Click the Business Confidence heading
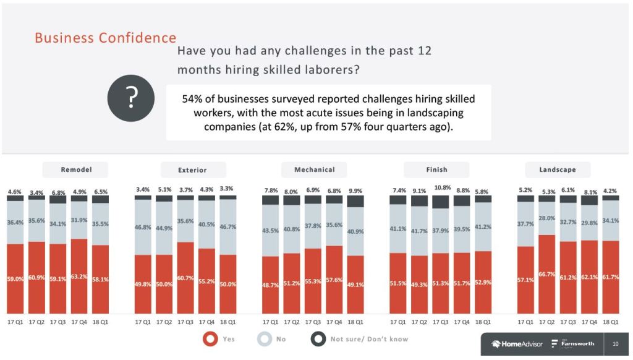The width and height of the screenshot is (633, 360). point(105,37)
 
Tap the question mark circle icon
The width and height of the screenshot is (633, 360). point(130,98)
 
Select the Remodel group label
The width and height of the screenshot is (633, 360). point(75,169)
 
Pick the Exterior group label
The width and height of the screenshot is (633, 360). point(193,170)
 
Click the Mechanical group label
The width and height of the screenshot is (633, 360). point(314,169)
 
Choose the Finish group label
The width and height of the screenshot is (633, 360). point(436,169)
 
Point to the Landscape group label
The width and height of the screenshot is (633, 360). point(558,169)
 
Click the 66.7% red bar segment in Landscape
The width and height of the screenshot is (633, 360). point(546,274)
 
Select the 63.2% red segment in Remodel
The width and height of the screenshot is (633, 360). point(79,276)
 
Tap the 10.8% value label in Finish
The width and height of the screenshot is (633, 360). point(441,187)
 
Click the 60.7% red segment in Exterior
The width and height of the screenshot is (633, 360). point(185,278)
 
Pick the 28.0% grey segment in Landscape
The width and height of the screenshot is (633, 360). point(546,218)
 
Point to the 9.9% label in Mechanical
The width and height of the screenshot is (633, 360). point(355,191)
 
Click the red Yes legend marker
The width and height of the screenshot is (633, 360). point(210,339)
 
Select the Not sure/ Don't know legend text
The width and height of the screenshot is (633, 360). point(369,339)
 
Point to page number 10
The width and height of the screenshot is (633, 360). point(615,344)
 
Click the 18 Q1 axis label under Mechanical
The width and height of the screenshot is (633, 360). point(355,322)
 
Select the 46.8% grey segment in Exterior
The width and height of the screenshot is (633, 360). point(143,228)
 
